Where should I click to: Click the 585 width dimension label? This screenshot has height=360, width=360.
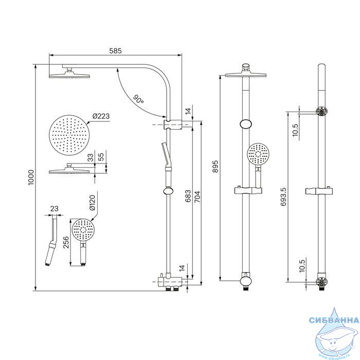tap(115, 51)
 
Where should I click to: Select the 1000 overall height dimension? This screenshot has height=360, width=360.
tap(31, 177)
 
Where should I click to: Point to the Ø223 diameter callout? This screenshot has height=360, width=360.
tap(101, 116)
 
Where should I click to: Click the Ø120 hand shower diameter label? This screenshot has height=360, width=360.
tap(92, 203)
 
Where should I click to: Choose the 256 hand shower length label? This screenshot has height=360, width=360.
tap(66, 242)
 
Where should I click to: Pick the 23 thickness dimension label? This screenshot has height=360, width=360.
tap(54, 209)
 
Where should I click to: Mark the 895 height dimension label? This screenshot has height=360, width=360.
tap(215, 167)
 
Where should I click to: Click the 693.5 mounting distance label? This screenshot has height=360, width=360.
tap(284, 196)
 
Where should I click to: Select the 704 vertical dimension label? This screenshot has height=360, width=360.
tap(197, 197)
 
